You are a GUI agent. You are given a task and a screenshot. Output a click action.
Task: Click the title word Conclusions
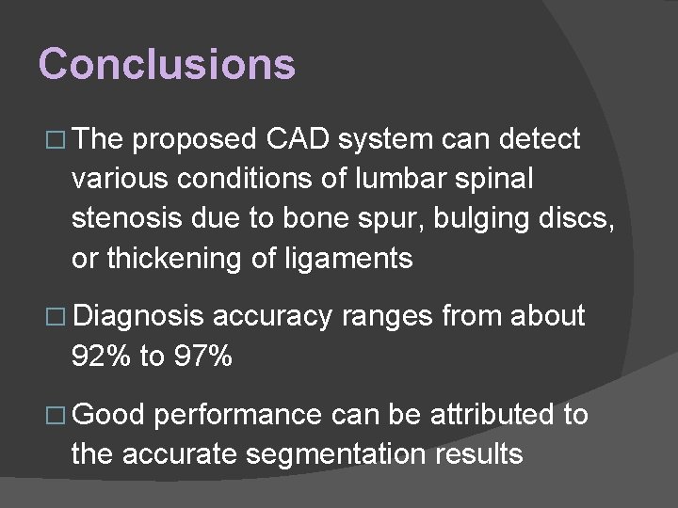point(168,65)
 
